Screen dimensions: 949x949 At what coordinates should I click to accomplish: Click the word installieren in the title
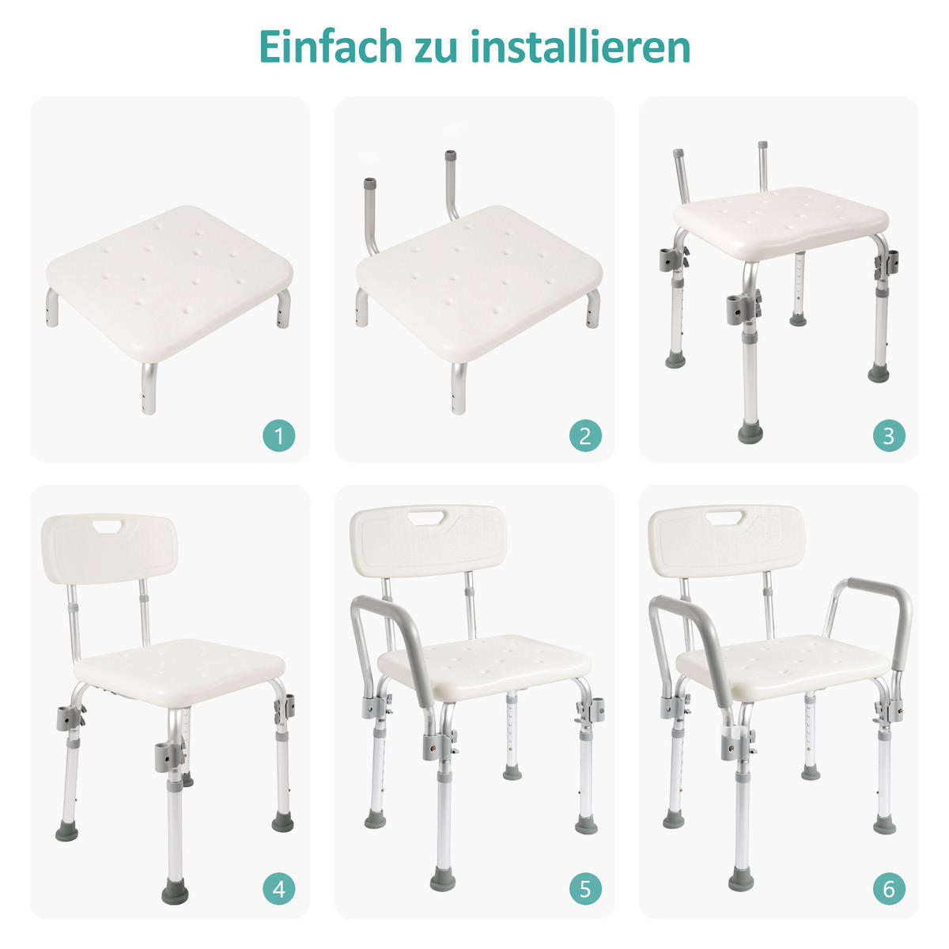(x=580, y=47)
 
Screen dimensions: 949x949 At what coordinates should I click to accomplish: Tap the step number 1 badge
(x=278, y=435)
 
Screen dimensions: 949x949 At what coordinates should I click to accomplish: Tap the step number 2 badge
(x=585, y=435)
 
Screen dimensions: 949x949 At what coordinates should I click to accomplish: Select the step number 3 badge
(x=889, y=435)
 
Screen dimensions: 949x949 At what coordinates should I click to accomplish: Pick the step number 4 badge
(x=278, y=889)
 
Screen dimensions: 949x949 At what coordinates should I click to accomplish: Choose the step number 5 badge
(x=585, y=889)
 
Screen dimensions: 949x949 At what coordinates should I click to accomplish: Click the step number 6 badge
(x=889, y=889)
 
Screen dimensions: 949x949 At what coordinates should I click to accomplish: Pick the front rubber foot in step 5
(x=442, y=879)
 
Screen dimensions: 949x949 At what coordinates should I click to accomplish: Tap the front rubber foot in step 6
(x=741, y=878)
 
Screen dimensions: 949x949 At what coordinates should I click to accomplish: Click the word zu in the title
(x=433, y=47)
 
